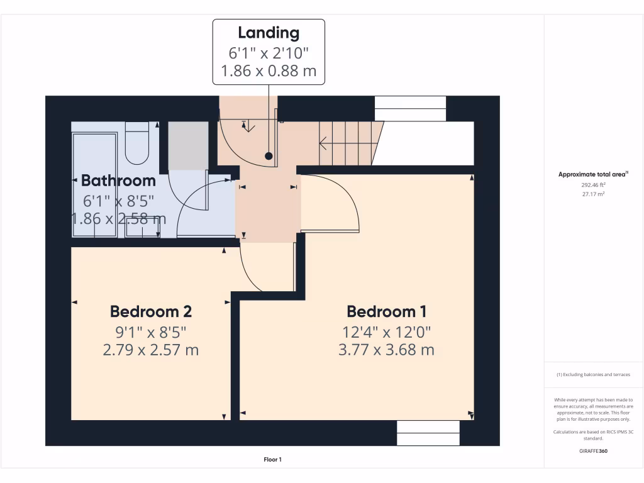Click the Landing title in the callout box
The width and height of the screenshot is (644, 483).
(269, 33)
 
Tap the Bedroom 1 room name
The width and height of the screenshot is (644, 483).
(386, 311)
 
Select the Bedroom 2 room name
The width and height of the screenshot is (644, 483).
(151, 311)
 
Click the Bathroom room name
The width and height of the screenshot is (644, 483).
(118, 180)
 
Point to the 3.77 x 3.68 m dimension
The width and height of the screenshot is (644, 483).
(386, 350)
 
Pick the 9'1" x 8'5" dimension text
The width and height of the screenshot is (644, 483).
(151, 331)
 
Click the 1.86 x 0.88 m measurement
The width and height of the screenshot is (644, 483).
(269, 70)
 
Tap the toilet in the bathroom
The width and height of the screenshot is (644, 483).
(137, 143)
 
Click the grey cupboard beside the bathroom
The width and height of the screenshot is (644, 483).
(188, 145)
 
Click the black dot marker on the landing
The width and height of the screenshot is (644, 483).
(269, 155)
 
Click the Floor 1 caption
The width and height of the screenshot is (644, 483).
(272, 460)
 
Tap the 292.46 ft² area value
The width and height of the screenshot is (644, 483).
(594, 186)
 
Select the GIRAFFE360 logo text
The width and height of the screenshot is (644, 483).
(594, 451)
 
